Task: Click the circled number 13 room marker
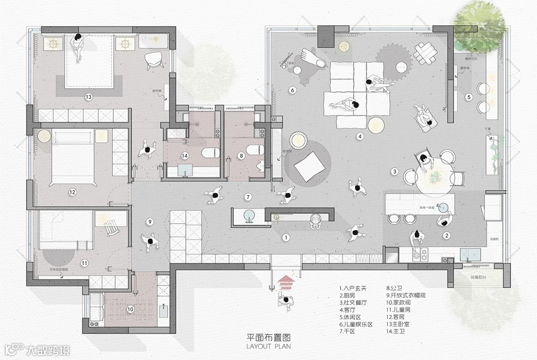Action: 89,97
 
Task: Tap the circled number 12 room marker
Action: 71,191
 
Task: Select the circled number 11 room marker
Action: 84,263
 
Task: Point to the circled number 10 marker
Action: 130,309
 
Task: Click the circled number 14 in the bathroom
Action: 185,156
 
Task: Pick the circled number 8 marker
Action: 241,156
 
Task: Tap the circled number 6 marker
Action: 293,90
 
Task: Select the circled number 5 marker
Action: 468,97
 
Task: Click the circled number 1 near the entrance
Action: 286,236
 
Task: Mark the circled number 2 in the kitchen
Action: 446,235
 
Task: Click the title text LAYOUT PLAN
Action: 268,347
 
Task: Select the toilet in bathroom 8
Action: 257,150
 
